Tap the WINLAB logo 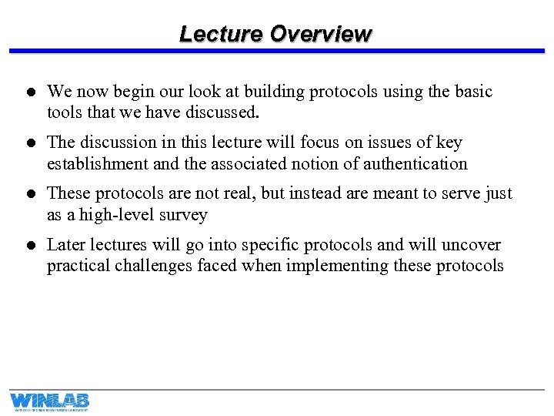49,401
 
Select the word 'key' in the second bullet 449,143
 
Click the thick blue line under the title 277,51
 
